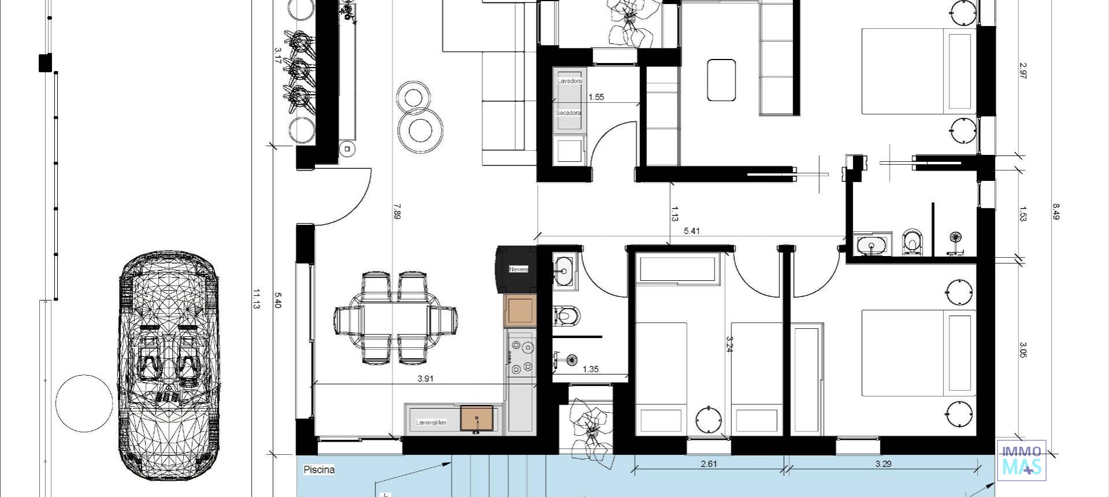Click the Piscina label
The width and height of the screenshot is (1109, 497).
[319, 470]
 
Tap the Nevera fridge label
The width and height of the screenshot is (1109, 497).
[518, 269]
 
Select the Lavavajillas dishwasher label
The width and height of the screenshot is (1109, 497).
[431, 422]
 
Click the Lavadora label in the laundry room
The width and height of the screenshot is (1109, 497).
[570, 81]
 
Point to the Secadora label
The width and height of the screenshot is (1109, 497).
[568, 113]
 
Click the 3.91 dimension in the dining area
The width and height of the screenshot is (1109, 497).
[425, 379]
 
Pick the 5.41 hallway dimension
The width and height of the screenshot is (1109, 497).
[691, 231]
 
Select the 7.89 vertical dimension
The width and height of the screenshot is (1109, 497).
[396, 211]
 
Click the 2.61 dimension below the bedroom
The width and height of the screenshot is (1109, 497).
[709, 463]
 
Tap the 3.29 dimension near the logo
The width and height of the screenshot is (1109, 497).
[883, 463]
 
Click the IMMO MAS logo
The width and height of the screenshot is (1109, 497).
[1021, 461]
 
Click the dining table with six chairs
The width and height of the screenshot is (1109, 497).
[396, 318]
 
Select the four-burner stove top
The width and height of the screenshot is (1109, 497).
[522, 358]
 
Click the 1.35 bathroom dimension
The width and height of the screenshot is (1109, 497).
[590, 369]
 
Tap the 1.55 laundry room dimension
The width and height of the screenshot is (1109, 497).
[596, 97]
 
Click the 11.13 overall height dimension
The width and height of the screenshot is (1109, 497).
[256, 299]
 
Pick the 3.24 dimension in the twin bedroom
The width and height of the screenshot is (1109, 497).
[729, 344]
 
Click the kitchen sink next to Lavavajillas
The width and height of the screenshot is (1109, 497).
[477, 418]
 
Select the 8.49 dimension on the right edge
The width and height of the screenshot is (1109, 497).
[1056, 211]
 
